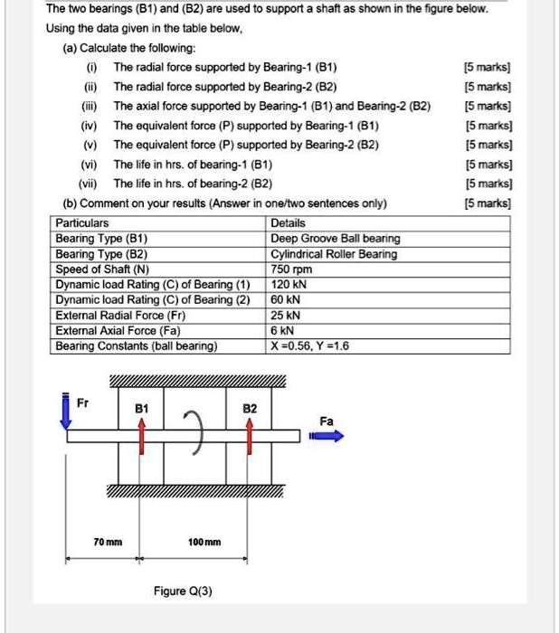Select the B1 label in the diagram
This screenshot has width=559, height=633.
click(x=141, y=409)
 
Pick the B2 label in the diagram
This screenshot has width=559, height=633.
click(x=251, y=409)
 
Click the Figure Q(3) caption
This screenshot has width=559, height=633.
click(x=183, y=591)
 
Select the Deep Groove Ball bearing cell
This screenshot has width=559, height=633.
click(x=335, y=238)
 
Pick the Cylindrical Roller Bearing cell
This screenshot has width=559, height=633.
click(x=333, y=253)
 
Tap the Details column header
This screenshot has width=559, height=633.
click(x=288, y=222)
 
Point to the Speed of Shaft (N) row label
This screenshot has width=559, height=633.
click(x=102, y=269)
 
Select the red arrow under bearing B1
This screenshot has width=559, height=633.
click(x=142, y=439)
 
